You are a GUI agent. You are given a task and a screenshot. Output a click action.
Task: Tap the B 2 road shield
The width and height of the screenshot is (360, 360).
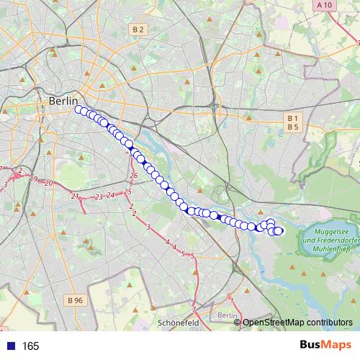click(139, 30)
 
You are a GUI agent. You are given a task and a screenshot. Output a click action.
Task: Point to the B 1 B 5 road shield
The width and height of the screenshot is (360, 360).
click(292, 122)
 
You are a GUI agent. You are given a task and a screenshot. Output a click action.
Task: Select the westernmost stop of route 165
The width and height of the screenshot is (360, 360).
click(79, 110)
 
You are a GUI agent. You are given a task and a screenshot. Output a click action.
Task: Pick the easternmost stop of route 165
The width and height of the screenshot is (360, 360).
click(279, 230)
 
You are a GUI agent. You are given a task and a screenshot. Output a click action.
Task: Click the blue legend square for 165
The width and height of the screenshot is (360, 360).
click(7, 346)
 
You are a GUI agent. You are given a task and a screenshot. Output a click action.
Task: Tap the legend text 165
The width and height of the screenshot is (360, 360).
click(31, 346)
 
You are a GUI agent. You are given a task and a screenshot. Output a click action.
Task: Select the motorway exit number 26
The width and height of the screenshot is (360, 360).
click(134, 175)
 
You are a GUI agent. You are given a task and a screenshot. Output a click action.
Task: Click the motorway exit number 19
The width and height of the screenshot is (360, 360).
click(34, 179)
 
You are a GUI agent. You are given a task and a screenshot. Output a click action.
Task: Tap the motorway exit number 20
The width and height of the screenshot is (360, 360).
click(48, 184)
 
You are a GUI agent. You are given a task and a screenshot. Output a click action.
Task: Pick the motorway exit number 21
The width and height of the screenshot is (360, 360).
click(75, 196)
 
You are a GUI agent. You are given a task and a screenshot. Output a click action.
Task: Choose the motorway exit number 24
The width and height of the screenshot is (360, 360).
click(111, 194)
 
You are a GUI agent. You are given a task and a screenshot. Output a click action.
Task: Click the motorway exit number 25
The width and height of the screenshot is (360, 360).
click(127, 191)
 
